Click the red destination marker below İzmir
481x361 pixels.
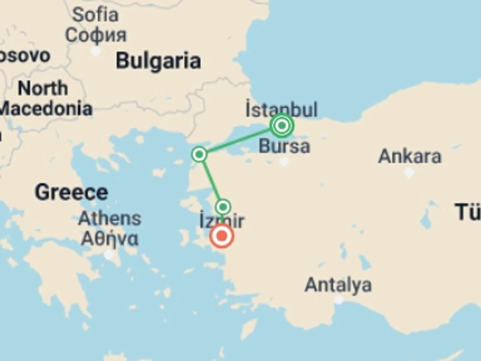pos(222,236)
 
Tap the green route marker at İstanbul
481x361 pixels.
pos(282,125)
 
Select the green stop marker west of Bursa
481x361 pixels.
pos(199,154)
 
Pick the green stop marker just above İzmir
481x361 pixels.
pos(223,207)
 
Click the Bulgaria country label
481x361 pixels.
pos(158,61)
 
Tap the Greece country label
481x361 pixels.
pos(72,192)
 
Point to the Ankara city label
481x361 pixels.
pos(410,156)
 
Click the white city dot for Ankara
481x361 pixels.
pos(409,172)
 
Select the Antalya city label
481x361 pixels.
pos(338,285)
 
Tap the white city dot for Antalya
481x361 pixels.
pos(339,300)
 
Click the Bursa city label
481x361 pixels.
pos(284,146)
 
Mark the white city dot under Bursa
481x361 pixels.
pos(284,162)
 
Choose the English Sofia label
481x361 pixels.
pos(95,15)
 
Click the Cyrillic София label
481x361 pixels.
pos(96,35)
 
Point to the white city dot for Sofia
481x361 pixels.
pos(95,51)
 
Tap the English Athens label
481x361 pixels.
pos(110,219)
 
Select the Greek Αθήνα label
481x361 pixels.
pos(110,239)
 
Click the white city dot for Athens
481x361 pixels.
pos(109,255)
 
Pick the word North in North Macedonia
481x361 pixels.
pos(43,88)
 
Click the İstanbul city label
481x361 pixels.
pos(281,110)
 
